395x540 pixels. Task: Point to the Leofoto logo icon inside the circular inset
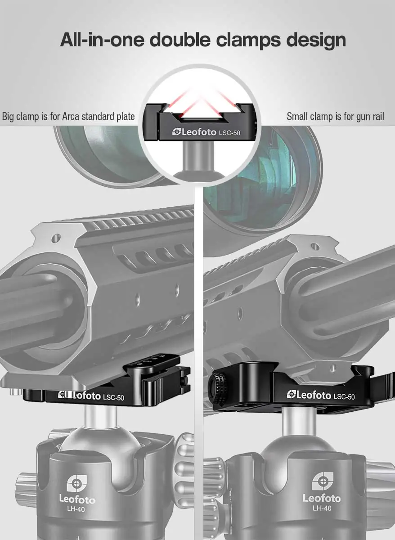tap(176, 132)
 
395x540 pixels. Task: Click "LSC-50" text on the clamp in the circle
tap(229, 133)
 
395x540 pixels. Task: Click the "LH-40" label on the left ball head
tap(76, 509)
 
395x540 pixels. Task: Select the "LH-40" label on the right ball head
tap(322, 508)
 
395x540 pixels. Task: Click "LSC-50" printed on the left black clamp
tap(113, 397)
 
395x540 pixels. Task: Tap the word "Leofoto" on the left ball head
tap(77, 499)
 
